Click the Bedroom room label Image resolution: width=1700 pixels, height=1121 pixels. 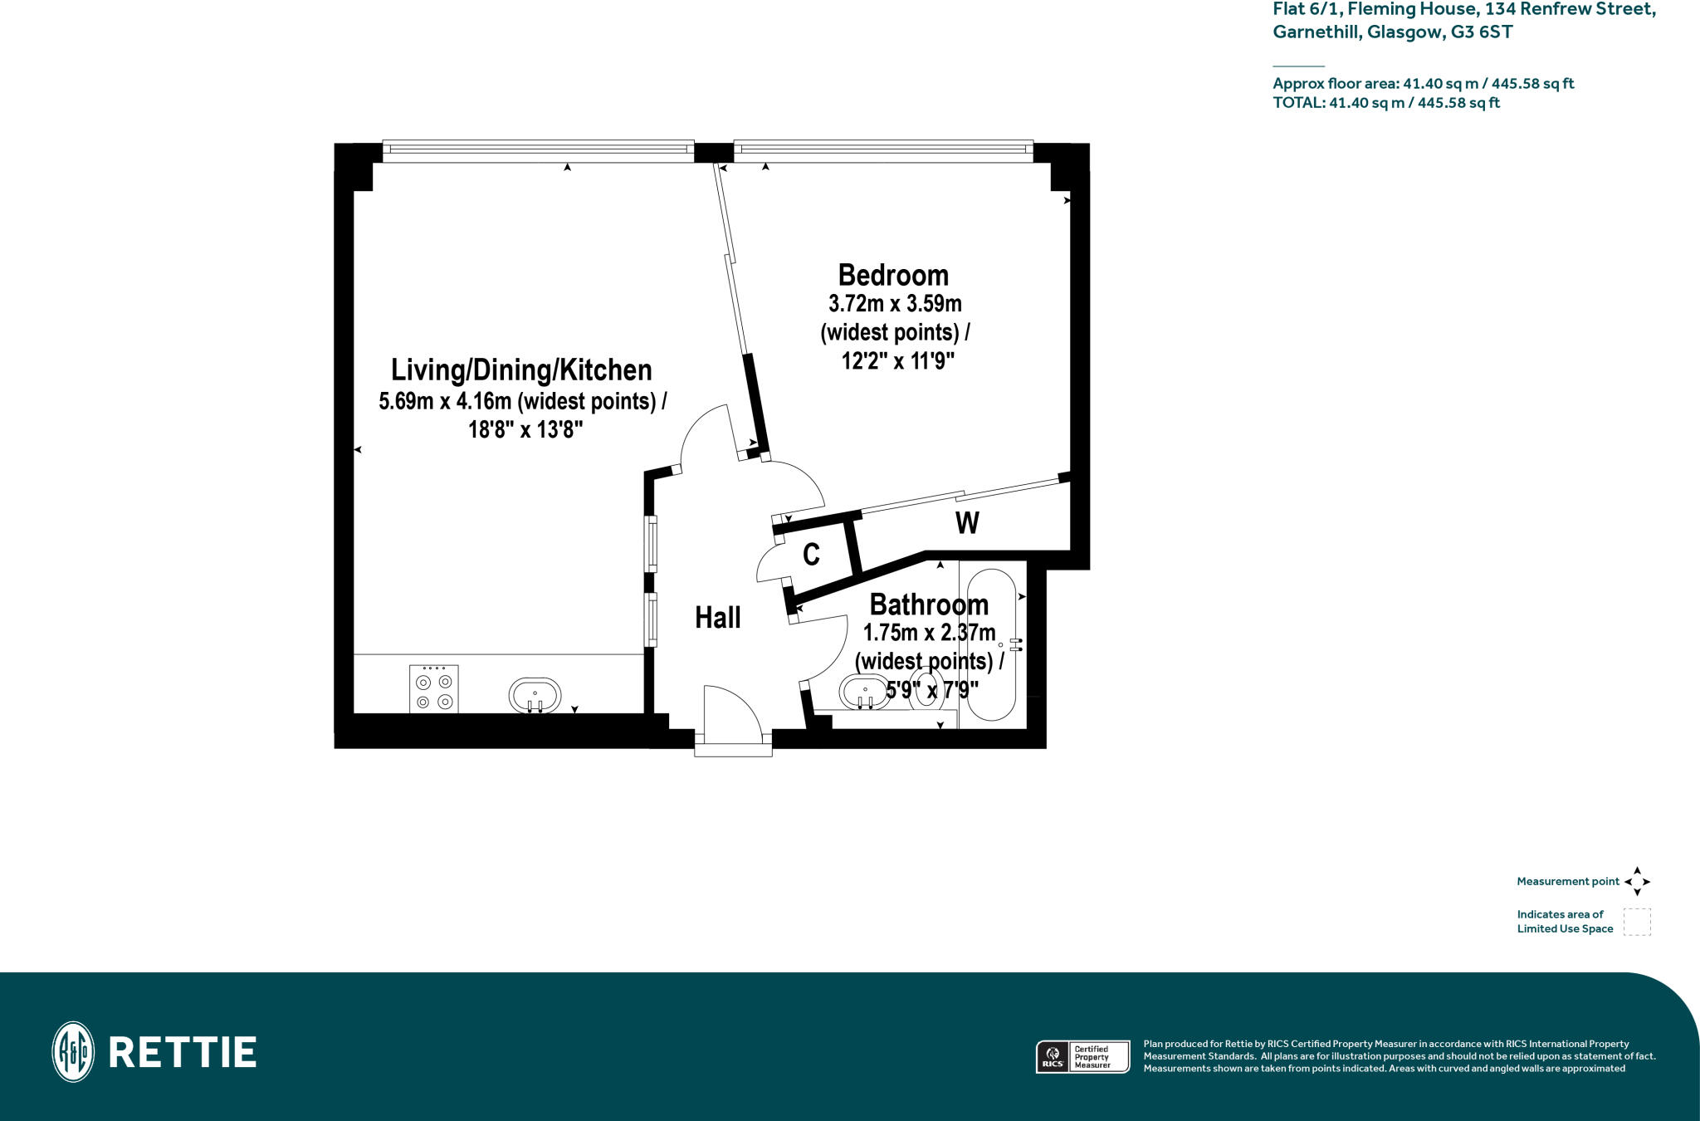[893, 275]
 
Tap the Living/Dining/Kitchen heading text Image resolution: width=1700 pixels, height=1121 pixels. [521, 370]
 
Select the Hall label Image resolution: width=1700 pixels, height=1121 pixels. [717, 617]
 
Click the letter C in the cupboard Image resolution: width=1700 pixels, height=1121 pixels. [811, 554]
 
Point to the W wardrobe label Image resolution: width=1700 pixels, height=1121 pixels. [967, 523]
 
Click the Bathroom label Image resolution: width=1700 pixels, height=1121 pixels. [929, 604]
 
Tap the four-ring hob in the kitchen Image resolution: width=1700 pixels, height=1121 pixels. [433, 689]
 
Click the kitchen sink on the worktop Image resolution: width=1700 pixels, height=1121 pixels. [535, 695]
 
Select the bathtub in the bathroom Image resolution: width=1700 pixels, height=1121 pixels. [992, 644]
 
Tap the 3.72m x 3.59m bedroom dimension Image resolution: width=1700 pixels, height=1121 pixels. [895, 304]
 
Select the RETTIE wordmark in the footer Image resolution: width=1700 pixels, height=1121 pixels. [183, 1052]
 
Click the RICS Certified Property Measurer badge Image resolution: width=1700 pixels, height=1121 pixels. [1082, 1057]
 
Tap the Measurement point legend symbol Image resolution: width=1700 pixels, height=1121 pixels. [1637, 881]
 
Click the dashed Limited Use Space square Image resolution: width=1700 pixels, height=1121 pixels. [1637, 922]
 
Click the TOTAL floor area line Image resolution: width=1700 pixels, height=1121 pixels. [1386, 103]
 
